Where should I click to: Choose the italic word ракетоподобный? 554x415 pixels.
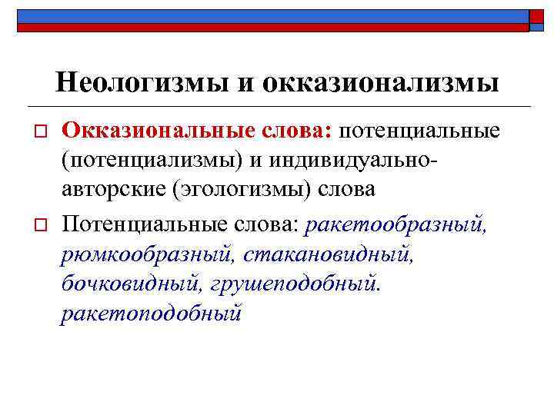coord(151,314)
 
